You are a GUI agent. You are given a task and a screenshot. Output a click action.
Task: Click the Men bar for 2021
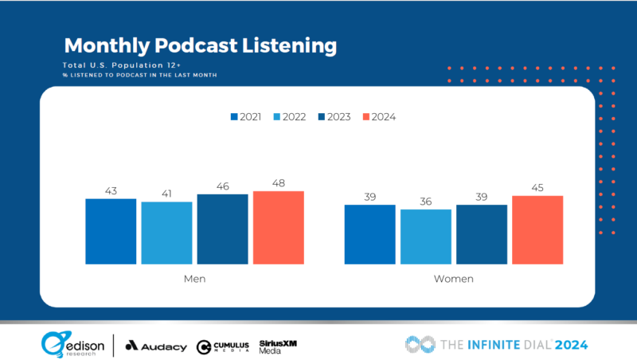[x=111, y=231]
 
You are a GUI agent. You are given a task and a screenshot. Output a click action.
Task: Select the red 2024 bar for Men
[x=278, y=227]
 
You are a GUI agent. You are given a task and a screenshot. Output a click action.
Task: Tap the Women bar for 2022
[x=425, y=237]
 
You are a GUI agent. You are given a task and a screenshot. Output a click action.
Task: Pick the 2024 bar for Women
[x=537, y=229]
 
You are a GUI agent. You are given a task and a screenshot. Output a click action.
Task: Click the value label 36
[x=425, y=202]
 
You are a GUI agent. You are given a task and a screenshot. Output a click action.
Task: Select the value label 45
[x=537, y=189]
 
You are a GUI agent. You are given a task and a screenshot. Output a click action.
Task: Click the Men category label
[x=194, y=279]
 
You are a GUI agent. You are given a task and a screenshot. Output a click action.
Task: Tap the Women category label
[x=454, y=279]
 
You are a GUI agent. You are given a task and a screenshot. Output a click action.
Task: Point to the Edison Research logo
[x=71, y=344]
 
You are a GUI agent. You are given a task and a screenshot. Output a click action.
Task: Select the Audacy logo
[x=157, y=346]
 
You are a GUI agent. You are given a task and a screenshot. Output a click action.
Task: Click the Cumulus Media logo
[x=223, y=346]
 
